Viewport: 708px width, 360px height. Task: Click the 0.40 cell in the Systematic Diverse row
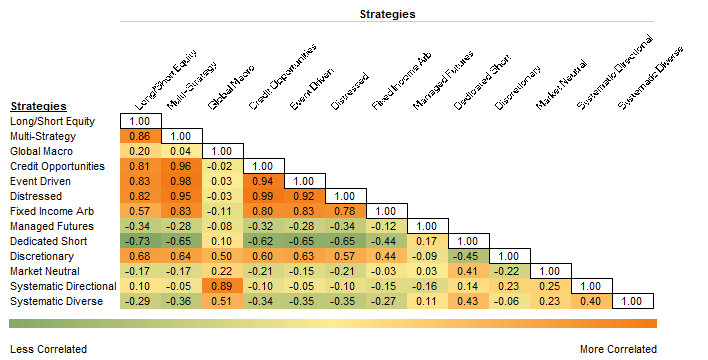click(x=592, y=301)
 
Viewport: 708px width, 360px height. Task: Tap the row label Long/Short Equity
click(x=53, y=121)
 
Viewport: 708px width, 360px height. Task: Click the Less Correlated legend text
click(x=48, y=349)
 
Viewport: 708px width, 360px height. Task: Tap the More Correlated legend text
click(x=618, y=349)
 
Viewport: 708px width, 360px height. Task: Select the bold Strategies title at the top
click(x=388, y=14)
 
